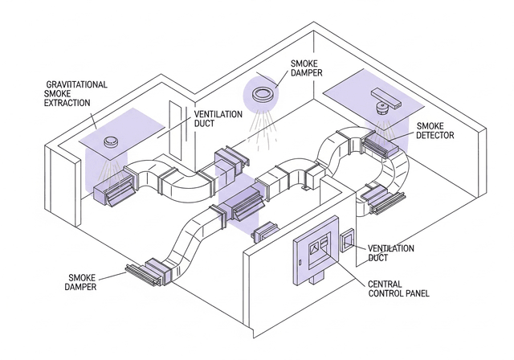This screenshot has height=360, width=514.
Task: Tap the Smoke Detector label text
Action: coord(435,131)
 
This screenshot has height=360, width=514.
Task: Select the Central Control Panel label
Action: coord(398,288)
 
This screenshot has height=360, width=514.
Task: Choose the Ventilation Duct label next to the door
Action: coord(218,120)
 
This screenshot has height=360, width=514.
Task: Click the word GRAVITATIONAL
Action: coord(77,84)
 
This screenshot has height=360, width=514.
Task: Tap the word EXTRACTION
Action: coord(67,103)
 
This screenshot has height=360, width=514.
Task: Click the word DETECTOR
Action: coord(435,136)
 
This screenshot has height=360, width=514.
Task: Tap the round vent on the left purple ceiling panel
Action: coord(112,144)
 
